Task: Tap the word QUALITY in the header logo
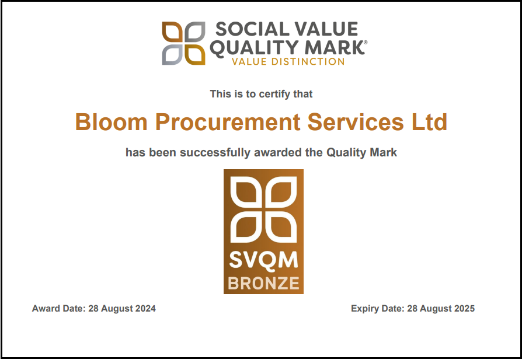247,47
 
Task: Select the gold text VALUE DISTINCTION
288,61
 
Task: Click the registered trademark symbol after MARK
366,43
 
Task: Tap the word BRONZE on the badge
264,284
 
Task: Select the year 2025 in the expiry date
464,309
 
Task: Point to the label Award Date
58,309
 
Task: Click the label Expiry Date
377,309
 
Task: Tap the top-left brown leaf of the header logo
172,32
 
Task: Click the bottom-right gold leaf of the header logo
195,54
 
